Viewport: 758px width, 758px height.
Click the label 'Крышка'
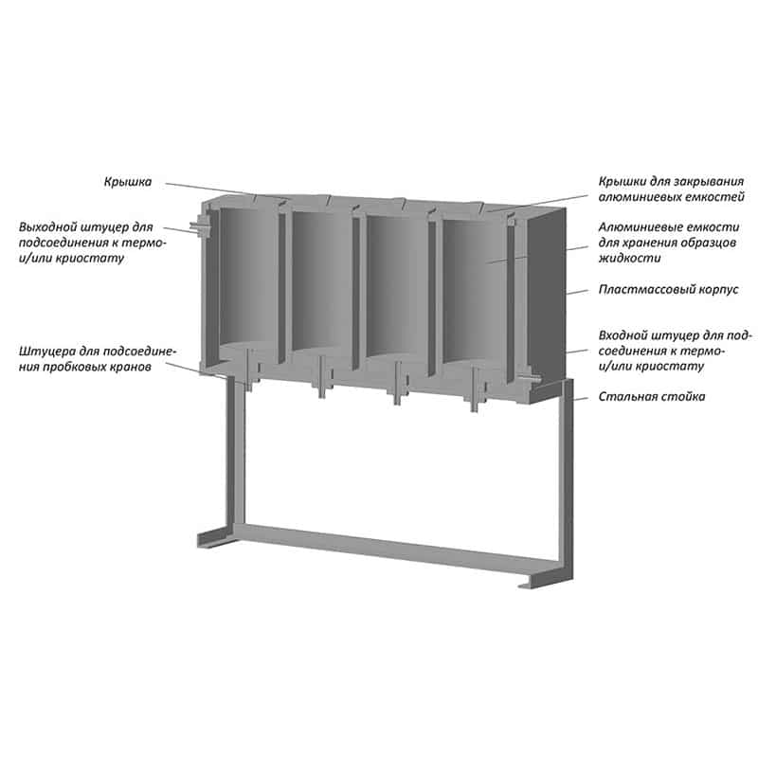(x=128, y=182)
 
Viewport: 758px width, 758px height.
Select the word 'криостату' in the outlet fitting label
(x=90, y=258)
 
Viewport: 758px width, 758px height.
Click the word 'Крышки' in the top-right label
(x=622, y=182)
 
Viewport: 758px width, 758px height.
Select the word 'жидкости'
(x=629, y=258)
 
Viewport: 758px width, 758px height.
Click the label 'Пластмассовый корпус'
(x=669, y=290)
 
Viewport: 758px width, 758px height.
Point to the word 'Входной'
(x=623, y=335)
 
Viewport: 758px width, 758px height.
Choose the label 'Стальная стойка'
(x=652, y=397)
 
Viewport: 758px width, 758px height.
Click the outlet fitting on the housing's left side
(x=199, y=226)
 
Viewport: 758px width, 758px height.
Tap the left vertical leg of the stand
(x=235, y=451)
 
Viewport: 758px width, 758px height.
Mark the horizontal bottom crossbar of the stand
(x=396, y=549)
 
